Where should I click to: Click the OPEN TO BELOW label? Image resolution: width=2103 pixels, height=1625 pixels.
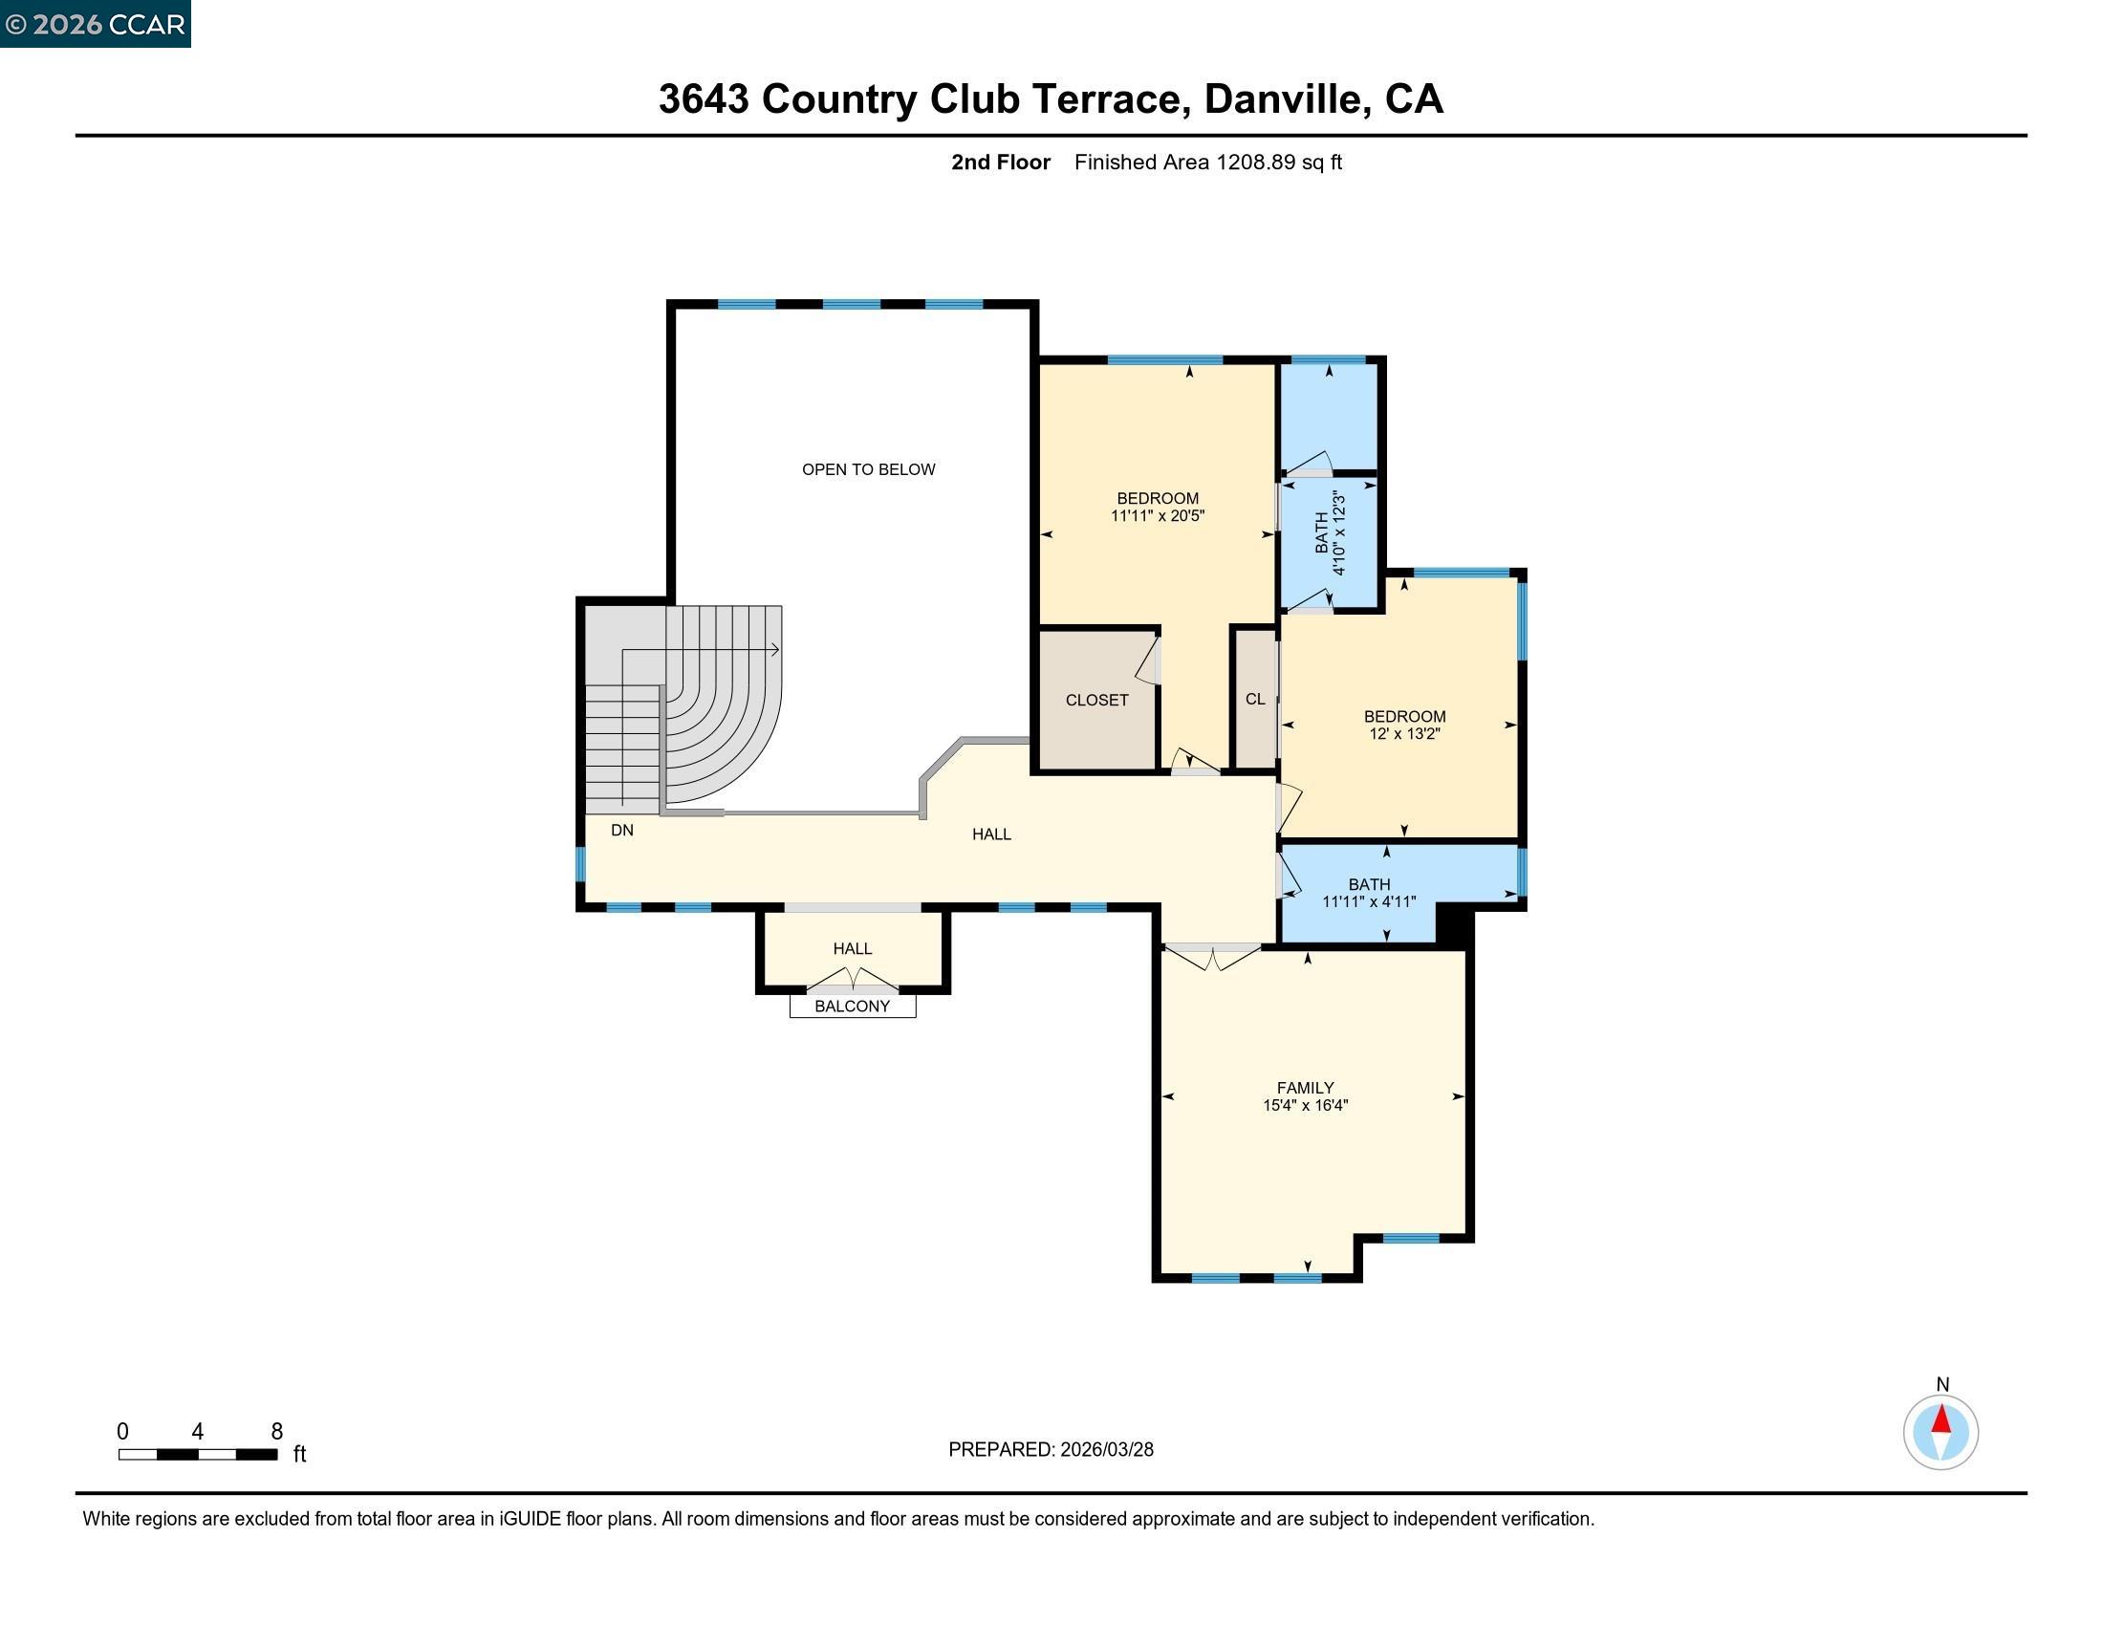(x=868, y=468)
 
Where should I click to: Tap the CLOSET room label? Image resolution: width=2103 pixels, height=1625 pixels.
(x=1095, y=700)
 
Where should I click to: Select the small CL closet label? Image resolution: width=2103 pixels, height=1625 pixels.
(x=1255, y=699)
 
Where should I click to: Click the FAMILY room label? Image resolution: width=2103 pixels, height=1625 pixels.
(x=1305, y=1087)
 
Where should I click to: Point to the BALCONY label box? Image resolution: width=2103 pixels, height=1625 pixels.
(x=851, y=1006)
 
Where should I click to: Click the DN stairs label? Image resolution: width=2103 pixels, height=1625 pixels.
(x=622, y=830)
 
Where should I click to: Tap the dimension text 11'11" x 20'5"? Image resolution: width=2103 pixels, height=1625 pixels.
(x=1158, y=516)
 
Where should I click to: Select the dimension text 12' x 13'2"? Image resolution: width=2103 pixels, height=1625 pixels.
(x=1404, y=733)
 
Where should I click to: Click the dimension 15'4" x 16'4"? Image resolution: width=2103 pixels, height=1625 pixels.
(x=1305, y=1105)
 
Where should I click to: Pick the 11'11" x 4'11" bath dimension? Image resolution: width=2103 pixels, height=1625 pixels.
(x=1368, y=902)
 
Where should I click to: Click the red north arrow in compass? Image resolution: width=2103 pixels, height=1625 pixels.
(x=1941, y=1419)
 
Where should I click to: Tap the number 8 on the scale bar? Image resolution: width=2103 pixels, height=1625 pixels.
(x=276, y=1431)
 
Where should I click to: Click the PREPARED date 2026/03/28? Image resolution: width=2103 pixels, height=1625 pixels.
(x=1106, y=1449)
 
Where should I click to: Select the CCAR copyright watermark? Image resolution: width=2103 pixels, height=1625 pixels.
(x=96, y=24)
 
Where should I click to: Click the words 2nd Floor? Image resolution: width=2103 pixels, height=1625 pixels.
(x=1000, y=162)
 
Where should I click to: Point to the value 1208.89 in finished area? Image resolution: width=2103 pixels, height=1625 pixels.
(x=1256, y=162)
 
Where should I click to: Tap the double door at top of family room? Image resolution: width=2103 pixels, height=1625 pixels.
(x=1211, y=955)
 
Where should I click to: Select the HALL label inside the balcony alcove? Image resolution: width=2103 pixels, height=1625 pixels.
(x=851, y=948)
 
